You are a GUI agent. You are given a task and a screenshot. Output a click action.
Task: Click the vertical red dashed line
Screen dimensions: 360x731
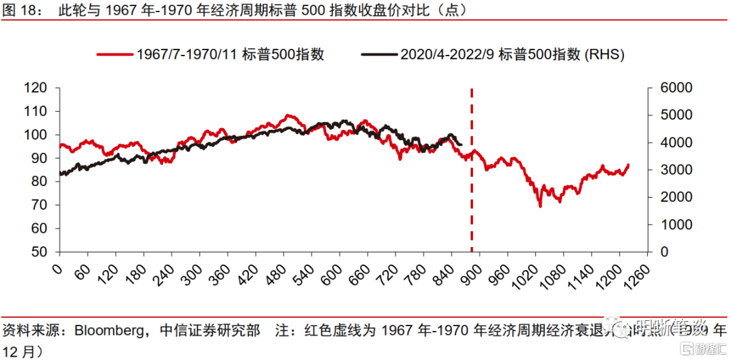coord(472,169)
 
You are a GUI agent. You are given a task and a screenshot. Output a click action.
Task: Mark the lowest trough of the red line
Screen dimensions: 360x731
coord(540,206)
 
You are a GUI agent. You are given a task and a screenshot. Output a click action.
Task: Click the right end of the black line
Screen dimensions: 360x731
coord(461,143)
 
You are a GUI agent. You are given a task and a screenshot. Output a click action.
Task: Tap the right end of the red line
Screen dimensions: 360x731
coord(629,164)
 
